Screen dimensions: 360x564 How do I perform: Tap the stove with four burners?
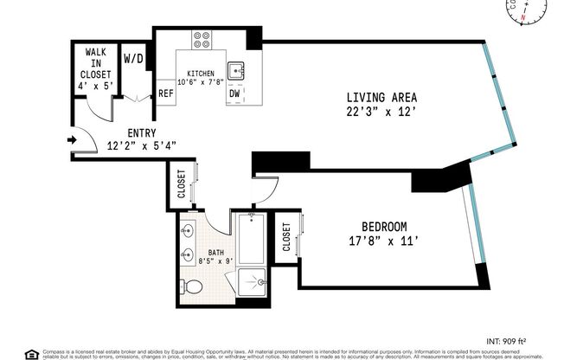(x=202, y=40)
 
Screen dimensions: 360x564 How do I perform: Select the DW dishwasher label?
(x=234, y=93)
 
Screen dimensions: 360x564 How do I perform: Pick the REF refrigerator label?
(x=165, y=93)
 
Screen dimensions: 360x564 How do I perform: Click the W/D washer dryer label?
(x=134, y=60)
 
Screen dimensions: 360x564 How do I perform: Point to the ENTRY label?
(x=140, y=133)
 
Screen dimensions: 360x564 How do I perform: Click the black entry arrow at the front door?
(x=70, y=139)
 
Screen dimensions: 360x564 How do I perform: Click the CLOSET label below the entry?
(x=182, y=183)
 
